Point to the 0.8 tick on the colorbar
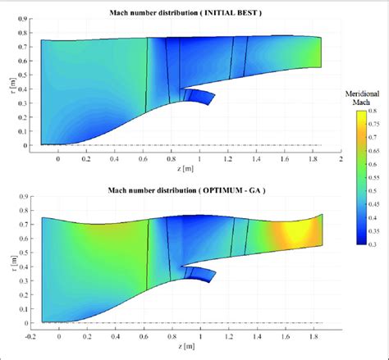click(374, 111)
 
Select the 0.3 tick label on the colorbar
click(374, 244)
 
